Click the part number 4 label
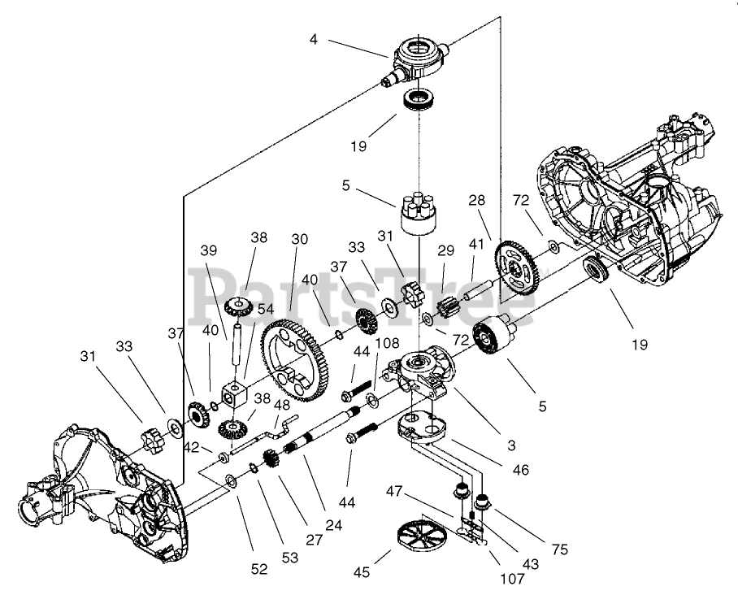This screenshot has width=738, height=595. [314, 40]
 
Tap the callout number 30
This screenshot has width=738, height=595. [299, 239]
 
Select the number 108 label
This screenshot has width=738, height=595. [388, 343]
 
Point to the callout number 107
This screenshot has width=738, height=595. [512, 579]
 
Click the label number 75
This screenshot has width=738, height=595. [560, 549]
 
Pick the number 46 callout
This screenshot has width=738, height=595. [520, 469]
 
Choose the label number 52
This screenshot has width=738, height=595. [258, 569]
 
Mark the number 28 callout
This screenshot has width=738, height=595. [476, 201]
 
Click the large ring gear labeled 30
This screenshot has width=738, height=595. [297, 360]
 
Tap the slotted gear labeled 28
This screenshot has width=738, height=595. [516, 267]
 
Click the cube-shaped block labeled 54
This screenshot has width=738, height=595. [234, 394]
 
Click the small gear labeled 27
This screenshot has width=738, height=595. [271, 460]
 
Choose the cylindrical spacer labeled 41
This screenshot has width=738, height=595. [478, 289]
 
